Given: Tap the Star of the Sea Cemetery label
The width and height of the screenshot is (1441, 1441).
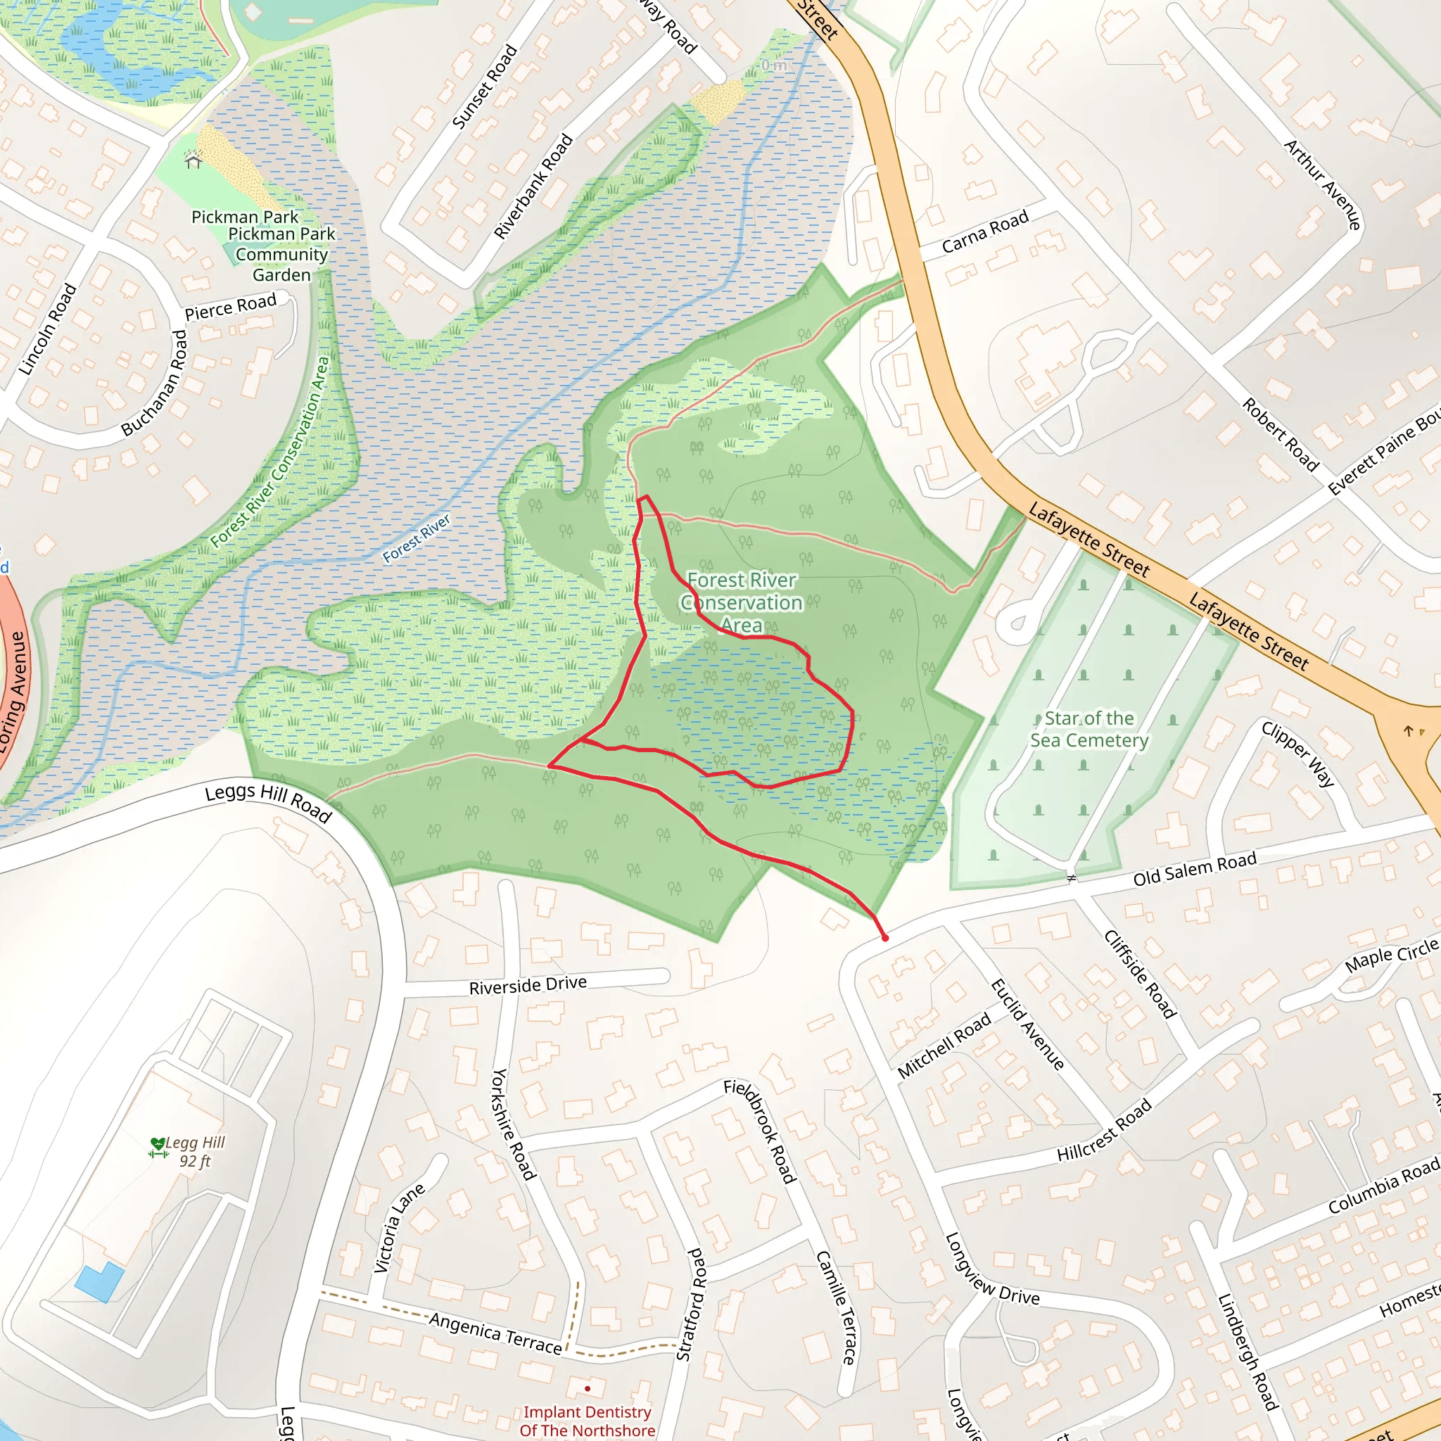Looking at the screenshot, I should pyautogui.click(x=1089, y=729).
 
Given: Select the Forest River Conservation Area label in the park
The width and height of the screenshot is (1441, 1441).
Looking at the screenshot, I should pyautogui.click(x=742, y=602).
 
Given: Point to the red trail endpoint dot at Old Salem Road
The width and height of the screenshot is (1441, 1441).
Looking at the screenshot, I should pyautogui.click(x=884, y=937).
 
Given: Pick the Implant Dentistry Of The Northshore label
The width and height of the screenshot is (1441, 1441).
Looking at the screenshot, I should pyautogui.click(x=587, y=1420).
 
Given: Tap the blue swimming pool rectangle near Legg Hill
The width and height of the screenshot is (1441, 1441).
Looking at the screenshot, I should pyautogui.click(x=99, y=1282).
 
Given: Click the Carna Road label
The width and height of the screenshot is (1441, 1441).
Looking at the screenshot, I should pyautogui.click(x=984, y=231).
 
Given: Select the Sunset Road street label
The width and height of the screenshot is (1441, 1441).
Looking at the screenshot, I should pyautogui.click(x=484, y=87).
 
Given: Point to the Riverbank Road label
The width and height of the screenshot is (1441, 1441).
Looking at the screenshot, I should pyautogui.click(x=533, y=186).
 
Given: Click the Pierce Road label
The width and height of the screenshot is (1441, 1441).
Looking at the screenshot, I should pyautogui.click(x=231, y=307).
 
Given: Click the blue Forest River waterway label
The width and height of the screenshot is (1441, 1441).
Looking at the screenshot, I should pyautogui.click(x=417, y=538).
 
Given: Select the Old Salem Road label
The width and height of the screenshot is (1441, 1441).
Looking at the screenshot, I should pyautogui.click(x=1194, y=870).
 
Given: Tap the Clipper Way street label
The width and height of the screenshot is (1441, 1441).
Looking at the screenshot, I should pyautogui.click(x=1297, y=754).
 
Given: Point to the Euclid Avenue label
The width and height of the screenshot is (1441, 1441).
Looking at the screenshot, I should pyautogui.click(x=1027, y=1024).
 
